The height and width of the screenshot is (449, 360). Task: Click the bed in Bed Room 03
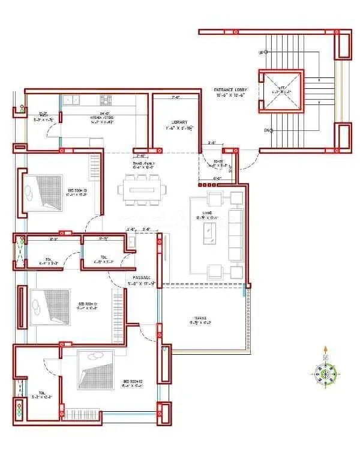43,192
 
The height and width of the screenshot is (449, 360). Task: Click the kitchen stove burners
107,100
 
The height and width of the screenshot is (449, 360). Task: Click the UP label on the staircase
260,53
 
